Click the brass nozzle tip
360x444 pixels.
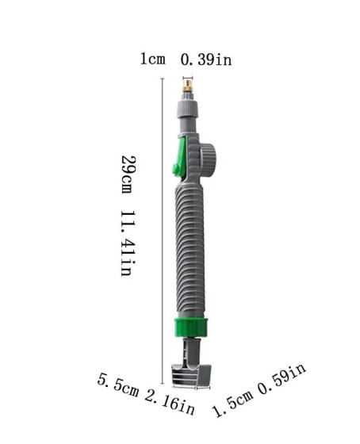[x=187, y=86]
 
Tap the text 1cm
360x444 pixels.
[x=153, y=59]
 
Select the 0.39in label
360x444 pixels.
[x=206, y=59]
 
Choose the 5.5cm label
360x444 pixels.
[x=118, y=385]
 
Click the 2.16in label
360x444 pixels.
[x=170, y=404]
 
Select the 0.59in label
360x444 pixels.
[x=281, y=378]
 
